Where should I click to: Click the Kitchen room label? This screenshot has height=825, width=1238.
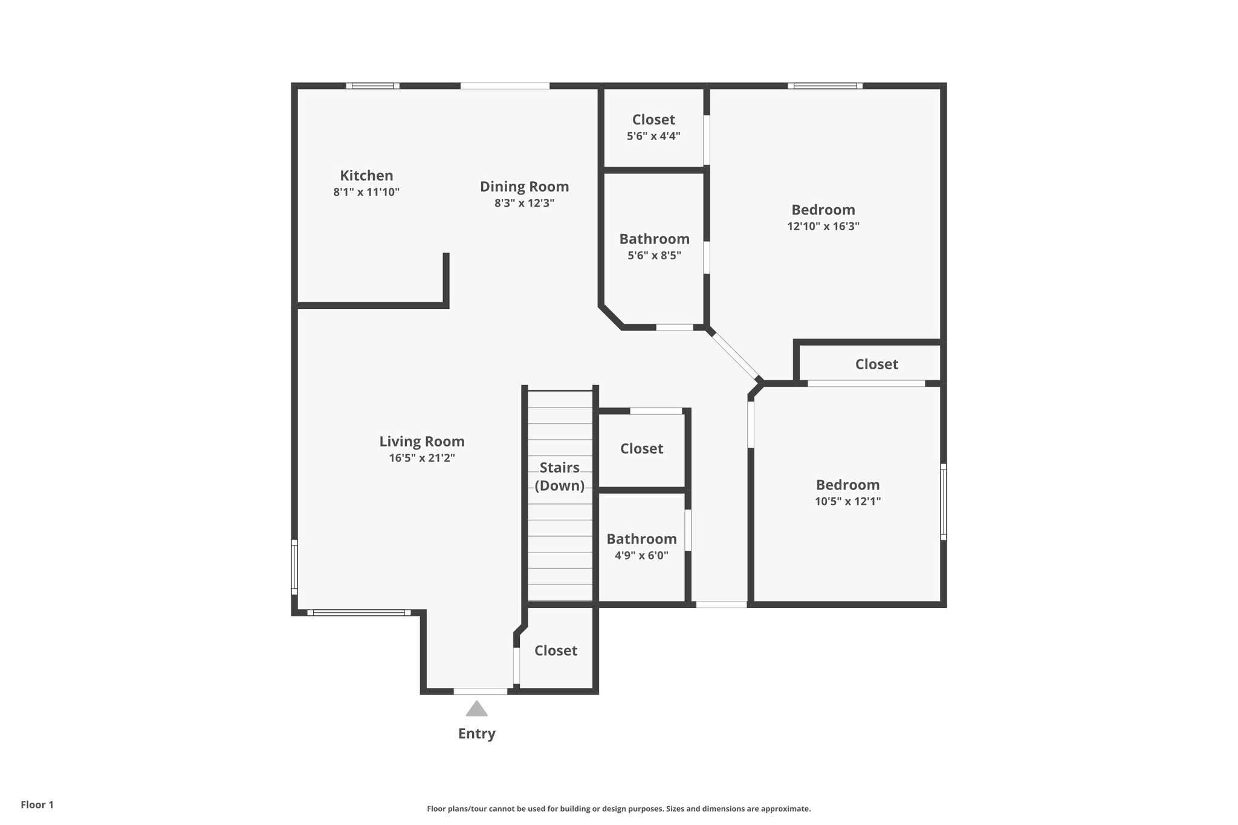point(366,176)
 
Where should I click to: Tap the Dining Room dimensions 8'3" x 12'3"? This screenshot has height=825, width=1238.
point(524,203)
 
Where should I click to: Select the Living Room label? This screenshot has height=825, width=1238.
point(422,442)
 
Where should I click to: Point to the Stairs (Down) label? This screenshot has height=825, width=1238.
point(559,476)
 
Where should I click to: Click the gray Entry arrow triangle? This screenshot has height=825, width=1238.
point(476,709)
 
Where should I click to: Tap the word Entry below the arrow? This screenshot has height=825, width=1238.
point(476,734)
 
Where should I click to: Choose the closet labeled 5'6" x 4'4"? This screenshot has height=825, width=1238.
point(653,127)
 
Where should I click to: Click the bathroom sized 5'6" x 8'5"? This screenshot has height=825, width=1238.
point(654,246)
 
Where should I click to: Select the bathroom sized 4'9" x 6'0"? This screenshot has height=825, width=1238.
point(641,546)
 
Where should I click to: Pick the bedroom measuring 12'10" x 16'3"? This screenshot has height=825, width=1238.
point(823,217)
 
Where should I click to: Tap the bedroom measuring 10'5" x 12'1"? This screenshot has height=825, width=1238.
point(847,492)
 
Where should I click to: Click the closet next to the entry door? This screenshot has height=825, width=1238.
point(556,650)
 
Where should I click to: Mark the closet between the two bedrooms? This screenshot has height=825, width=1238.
point(876,364)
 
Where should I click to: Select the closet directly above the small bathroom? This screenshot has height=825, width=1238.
point(641,448)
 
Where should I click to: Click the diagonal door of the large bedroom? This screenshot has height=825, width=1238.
point(735,356)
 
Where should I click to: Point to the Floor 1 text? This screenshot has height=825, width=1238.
point(37,804)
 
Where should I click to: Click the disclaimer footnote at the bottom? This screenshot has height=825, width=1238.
point(618,809)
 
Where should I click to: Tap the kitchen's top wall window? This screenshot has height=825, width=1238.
point(372,86)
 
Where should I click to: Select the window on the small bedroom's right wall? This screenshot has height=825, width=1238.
point(943,502)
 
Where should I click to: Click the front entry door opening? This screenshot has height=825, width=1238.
point(481,691)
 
